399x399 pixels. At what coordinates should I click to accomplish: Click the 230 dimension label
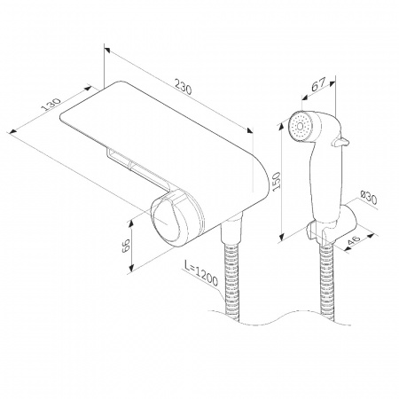pos(184,86)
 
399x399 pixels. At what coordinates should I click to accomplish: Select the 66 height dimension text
pos(126,245)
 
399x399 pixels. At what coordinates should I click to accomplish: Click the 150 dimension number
pos(277,181)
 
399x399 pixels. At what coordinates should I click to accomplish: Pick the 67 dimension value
pos(318,85)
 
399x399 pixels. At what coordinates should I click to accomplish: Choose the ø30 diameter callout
pos(368,197)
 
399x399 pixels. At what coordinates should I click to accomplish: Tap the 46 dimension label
pos(354,241)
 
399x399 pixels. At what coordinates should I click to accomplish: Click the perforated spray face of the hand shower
pos(301,126)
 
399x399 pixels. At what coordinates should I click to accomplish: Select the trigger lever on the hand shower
pos(340,142)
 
